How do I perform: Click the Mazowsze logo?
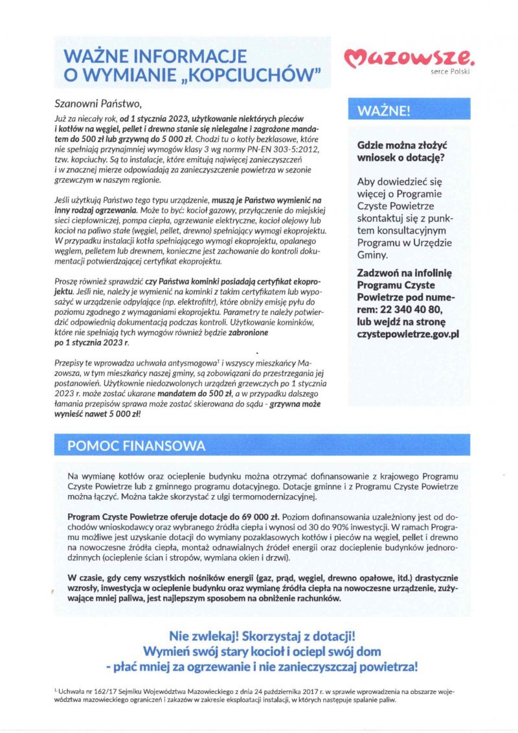(410, 60)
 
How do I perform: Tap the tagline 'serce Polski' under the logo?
(450, 71)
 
